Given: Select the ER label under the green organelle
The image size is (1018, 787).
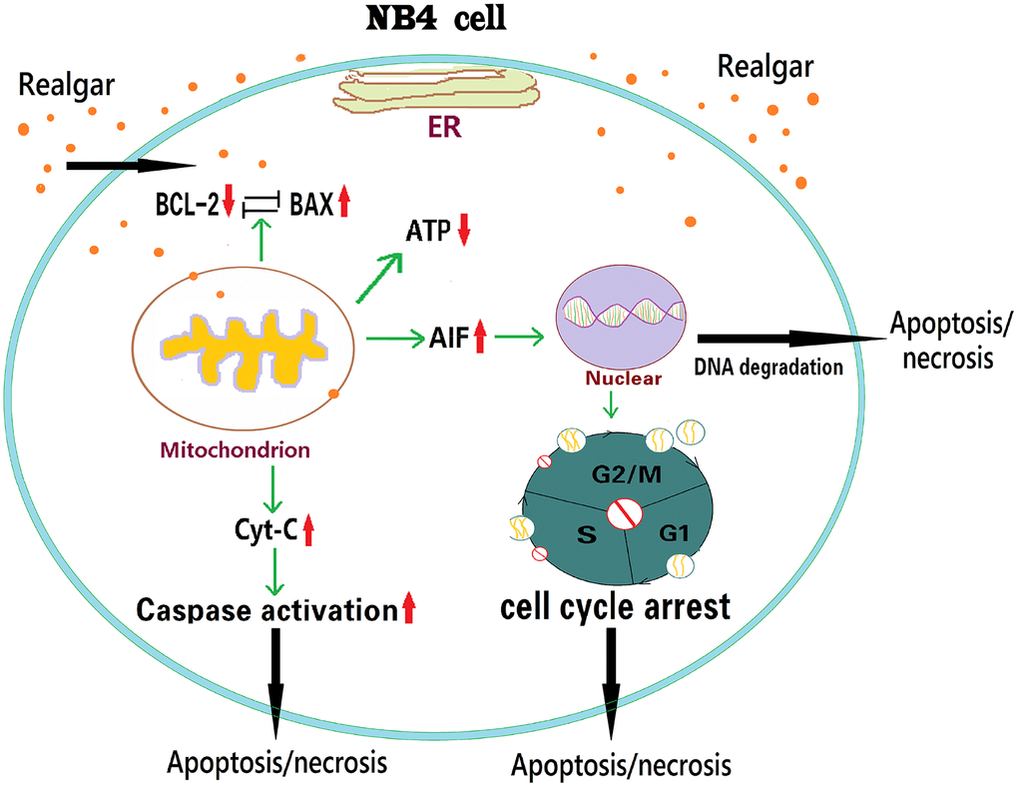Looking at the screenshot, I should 433,129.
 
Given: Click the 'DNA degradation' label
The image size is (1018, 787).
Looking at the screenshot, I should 766,368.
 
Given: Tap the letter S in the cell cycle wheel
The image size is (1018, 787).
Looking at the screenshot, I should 586,536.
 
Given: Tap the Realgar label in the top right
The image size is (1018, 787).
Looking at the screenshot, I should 763,68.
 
